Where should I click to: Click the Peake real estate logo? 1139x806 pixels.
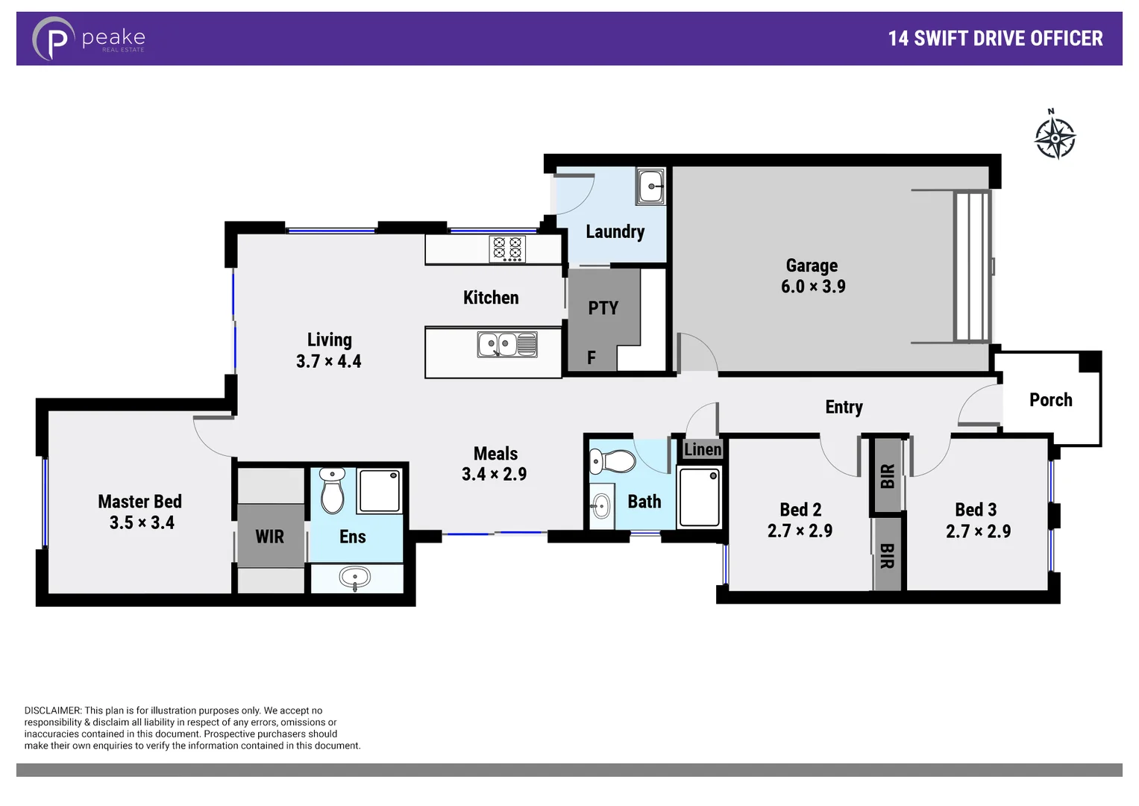point(88,38)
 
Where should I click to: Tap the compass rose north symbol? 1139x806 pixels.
point(1055,137)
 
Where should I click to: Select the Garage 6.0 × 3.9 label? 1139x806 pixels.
point(812,276)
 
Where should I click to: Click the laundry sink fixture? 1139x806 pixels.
point(651,186)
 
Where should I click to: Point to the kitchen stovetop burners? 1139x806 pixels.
point(507,249)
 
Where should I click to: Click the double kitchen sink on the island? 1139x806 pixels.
point(507,345)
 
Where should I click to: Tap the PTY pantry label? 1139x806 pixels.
point(603,308)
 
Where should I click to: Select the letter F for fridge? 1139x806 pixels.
point(592,358)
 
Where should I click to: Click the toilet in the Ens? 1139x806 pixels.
point(332,490)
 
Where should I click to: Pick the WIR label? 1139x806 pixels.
point(269,537)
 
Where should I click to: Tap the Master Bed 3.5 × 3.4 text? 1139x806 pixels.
point(140,512)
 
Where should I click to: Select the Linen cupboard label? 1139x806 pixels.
point(702,449)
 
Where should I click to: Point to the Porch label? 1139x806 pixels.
point(1050,400)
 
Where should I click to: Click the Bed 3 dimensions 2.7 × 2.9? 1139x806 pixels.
point(978,531)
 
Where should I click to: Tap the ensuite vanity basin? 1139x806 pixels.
point(355,578)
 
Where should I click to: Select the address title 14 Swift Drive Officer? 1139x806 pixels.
point(994,39)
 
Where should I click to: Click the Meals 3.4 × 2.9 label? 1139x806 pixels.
point(495,463)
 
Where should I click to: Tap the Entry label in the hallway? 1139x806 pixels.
point(844,407)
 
